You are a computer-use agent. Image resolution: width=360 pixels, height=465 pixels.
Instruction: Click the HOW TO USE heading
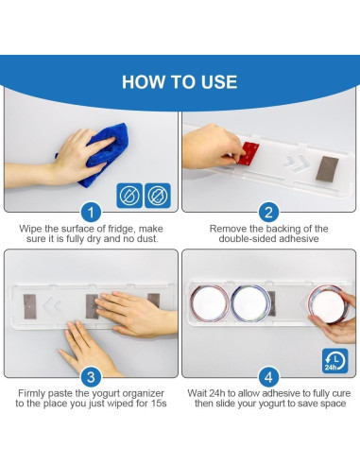(x=180, y=82)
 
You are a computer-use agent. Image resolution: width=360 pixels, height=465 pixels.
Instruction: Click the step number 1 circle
(x=91, y=213)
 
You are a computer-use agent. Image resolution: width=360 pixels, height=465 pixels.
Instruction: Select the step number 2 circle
(x=268, y=213)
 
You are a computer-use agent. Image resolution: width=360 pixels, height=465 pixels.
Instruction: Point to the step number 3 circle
(x=91, y=377)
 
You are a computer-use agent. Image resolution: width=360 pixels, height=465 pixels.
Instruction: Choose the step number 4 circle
(x=268, y=377)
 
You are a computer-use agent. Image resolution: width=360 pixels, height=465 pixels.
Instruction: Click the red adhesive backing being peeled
(x=249, y=153)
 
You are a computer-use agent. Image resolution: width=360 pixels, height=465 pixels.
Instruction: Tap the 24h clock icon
(x=335, y=361)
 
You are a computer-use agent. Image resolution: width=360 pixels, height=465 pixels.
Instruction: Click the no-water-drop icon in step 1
(x=129, y=196)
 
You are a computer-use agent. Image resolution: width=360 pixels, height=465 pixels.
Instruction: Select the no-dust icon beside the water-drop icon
(x=158, y=196)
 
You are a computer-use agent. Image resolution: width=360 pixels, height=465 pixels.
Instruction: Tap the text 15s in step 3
(x=159, y=404)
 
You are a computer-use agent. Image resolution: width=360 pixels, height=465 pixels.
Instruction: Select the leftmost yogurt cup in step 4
(x=210, y=303)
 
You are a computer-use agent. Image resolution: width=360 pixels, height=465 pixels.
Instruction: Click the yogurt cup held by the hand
(x=328, y=304)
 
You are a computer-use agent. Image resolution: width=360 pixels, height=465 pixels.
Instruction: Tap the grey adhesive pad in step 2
(x=327, y=169)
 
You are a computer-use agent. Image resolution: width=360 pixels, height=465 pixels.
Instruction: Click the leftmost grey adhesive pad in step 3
(x=29, y=306)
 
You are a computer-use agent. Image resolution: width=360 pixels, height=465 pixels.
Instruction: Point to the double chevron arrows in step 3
(x=52, y=305)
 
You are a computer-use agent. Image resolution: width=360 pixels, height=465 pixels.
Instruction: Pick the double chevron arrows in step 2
(x=297, y=164)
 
